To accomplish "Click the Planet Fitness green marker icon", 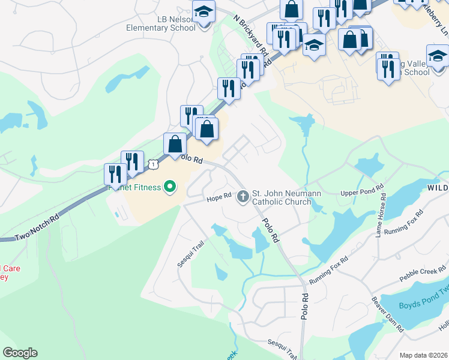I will [x=169, y=187].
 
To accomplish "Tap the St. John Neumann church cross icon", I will [x=243, y=196].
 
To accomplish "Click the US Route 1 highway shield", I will [x=154, y=163].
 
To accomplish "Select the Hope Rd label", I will [x=219, y=197].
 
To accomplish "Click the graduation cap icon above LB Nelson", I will [x=204, y=11].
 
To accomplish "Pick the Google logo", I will [x=20, y=353].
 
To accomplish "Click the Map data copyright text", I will [x=423, y=355].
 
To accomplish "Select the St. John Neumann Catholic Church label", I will [x=286, y=197].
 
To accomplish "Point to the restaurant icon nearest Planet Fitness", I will [x=115, y=174].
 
